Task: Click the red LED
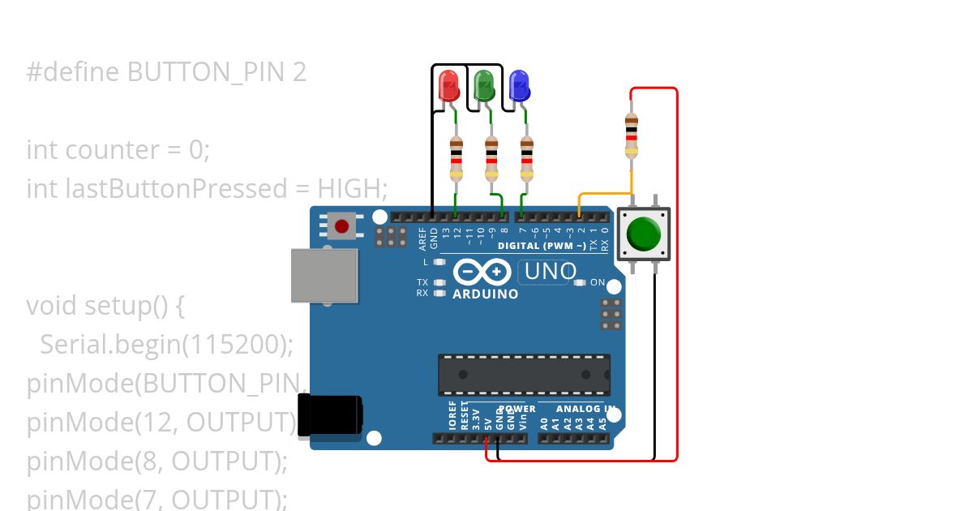coord(448,85)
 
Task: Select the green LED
coord(484,84)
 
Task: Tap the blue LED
coord(519,85)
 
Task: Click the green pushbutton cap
coord(644,233)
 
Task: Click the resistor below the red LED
coord(456,159)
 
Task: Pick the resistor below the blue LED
coord(527,159)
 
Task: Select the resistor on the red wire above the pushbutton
coord(631,135)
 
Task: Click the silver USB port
coord(324,274)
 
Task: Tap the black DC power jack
coord(330,415)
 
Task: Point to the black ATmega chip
coord(524,375)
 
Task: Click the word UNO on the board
coord(551,272)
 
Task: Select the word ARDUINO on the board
coord(486,294)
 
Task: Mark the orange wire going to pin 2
coord(604,194)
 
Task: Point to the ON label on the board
coord(598,282)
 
